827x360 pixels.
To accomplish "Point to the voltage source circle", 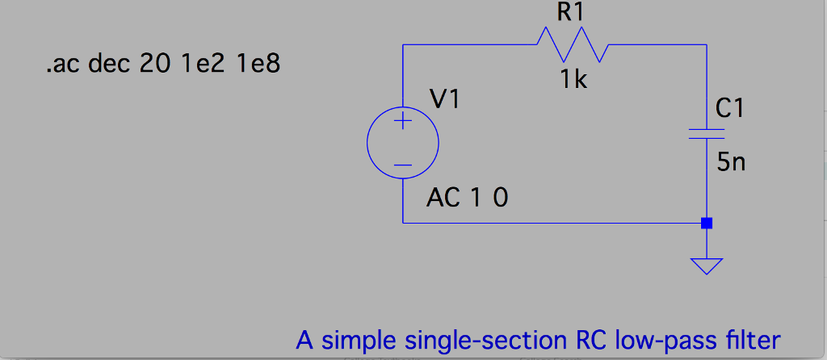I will pos(403,144).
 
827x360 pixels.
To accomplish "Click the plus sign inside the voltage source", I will pos(403,123).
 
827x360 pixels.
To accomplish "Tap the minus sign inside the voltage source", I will pos(403,165).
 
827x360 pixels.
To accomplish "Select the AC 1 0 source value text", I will pos(468,198).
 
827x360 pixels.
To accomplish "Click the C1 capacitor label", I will pos(730,108).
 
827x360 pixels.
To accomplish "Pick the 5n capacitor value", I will pos(731,162).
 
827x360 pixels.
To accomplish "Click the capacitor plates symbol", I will pos(707,132).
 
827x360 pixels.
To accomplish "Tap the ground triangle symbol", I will pos(707,266).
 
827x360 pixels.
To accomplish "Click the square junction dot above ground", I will pos(707,223).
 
